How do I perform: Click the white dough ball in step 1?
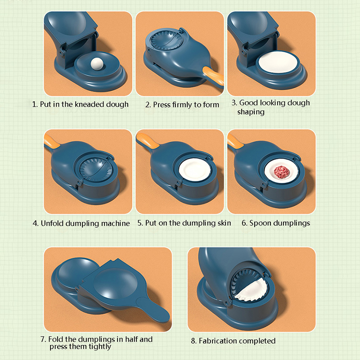point(97,63)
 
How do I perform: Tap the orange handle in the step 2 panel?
point(213,76)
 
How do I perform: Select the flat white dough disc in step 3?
point(278,63)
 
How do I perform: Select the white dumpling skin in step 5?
point(194,171)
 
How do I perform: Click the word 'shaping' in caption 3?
point(251,112)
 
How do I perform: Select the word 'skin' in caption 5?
point(223,223)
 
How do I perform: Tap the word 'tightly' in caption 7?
point(99,346)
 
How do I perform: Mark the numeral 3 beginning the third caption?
point(234,103)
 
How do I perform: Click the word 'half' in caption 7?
point(131,339)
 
